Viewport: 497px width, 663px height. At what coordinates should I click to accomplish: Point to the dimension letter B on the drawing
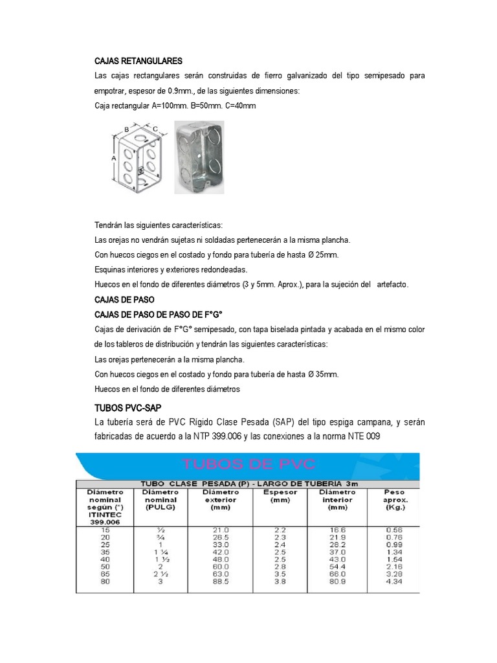tap(127, 129)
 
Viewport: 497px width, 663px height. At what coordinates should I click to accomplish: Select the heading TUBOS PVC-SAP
tap(127, 407)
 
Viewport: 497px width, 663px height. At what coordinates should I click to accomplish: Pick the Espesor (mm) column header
tap(280, 496)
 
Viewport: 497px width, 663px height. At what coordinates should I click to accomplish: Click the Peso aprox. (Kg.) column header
tap(395, 500)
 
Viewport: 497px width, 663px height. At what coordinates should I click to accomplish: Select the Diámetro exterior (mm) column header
tap(221, 500)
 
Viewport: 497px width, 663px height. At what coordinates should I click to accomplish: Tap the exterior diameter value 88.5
tap(221, 581)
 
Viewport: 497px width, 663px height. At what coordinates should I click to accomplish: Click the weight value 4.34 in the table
tap(395, 581)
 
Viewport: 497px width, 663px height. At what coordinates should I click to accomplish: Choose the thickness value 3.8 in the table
tap(280, 581)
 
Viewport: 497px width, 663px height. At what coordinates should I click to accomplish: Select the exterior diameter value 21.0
tap(221, 529)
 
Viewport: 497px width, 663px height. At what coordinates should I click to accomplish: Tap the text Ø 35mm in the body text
tap(324, 374)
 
